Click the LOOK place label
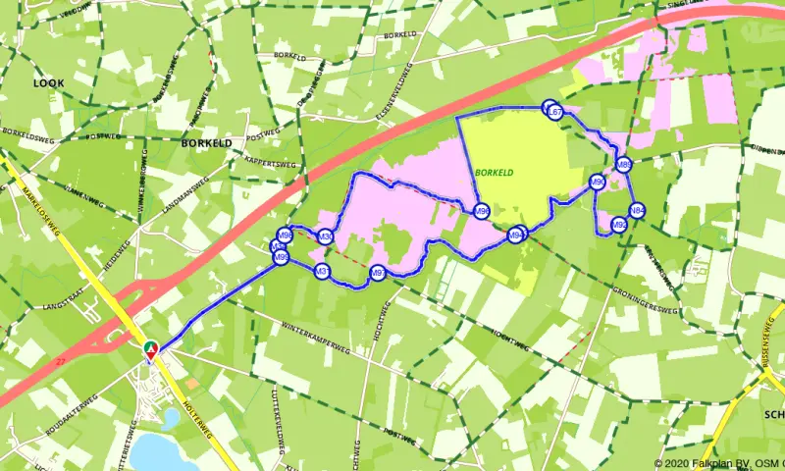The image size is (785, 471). click(x=48, y=83)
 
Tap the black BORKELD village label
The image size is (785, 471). click(x=206, y=142)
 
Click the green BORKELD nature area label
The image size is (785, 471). click(x=494, y=172)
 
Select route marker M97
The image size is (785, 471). click(x=377, y=273)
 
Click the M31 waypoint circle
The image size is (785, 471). click(x=320, y=271)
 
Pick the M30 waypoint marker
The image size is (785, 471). click(x=325, y=236)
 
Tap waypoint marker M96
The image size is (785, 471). click(x=481, y=211)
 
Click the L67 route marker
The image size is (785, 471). click(x=555, y=112)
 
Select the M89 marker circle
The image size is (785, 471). click(x=623, y=165)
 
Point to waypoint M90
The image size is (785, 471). click(x=597, y=182)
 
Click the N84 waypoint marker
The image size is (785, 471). click(x=637, y=210)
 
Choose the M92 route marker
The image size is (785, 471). click(x=619, y=225)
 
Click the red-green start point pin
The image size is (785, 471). click(x=150, y=349)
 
